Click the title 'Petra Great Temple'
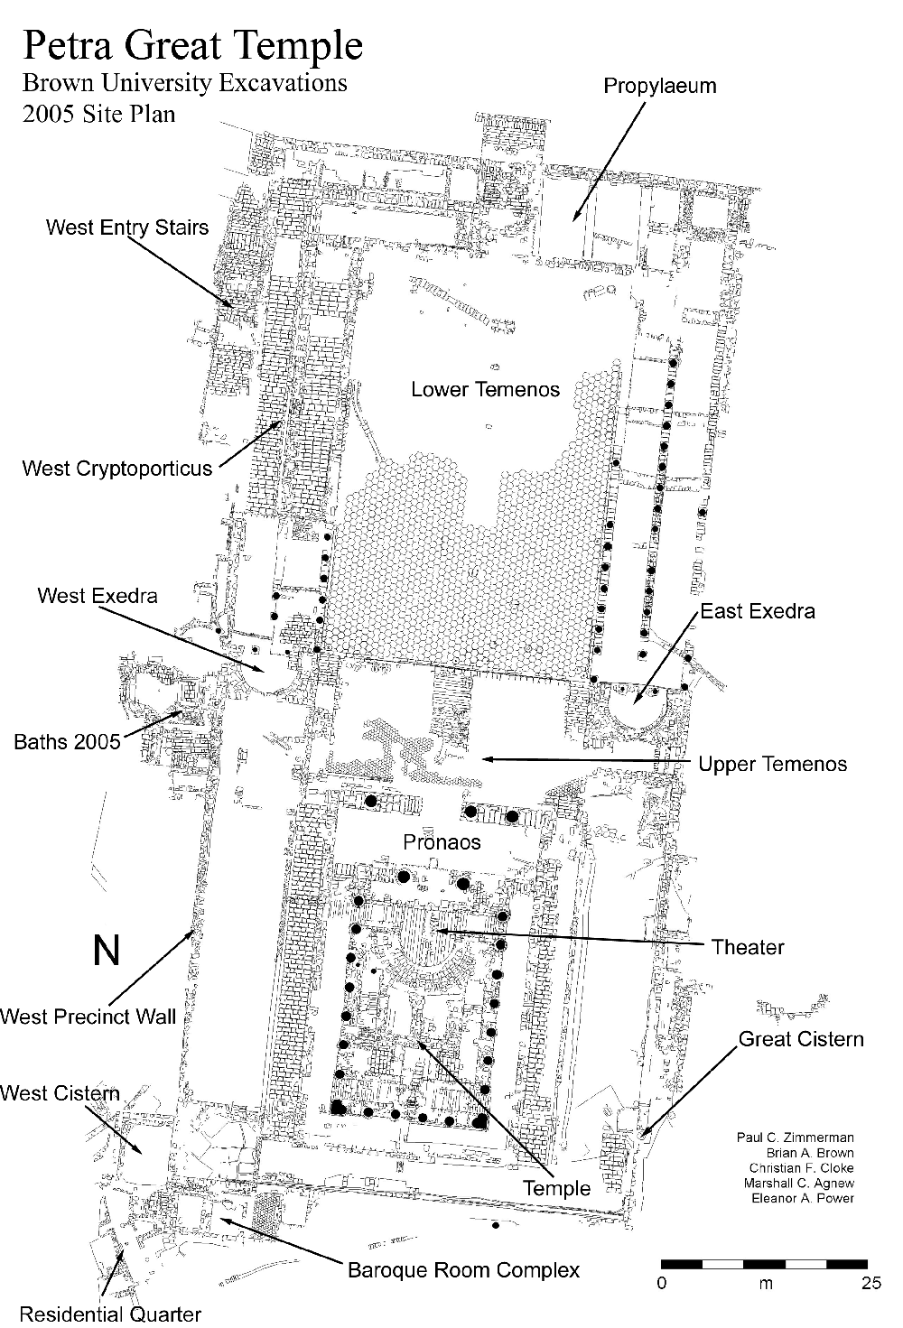[192, 45]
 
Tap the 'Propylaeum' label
[659, 87]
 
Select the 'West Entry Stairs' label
[127, 228]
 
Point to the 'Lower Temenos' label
[485, 390]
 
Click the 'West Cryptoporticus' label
[117, 469]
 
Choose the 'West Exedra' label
[98, 596]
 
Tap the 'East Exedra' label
[758, 612]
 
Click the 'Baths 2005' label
[68, 742]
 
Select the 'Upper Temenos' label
[773, 765]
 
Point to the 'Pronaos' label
[442, 842]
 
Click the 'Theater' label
[748, 947]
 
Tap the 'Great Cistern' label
[801, 1039]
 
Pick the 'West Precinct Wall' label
[88, 1017]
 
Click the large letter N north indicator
[107, 950]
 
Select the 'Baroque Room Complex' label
[463, 1271]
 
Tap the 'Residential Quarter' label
[110, 1314]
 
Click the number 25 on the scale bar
[870, 1284]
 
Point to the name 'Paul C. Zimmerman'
[795, 1138]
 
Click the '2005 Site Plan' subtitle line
[99, 115]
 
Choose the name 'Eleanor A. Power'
[802, 1199]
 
